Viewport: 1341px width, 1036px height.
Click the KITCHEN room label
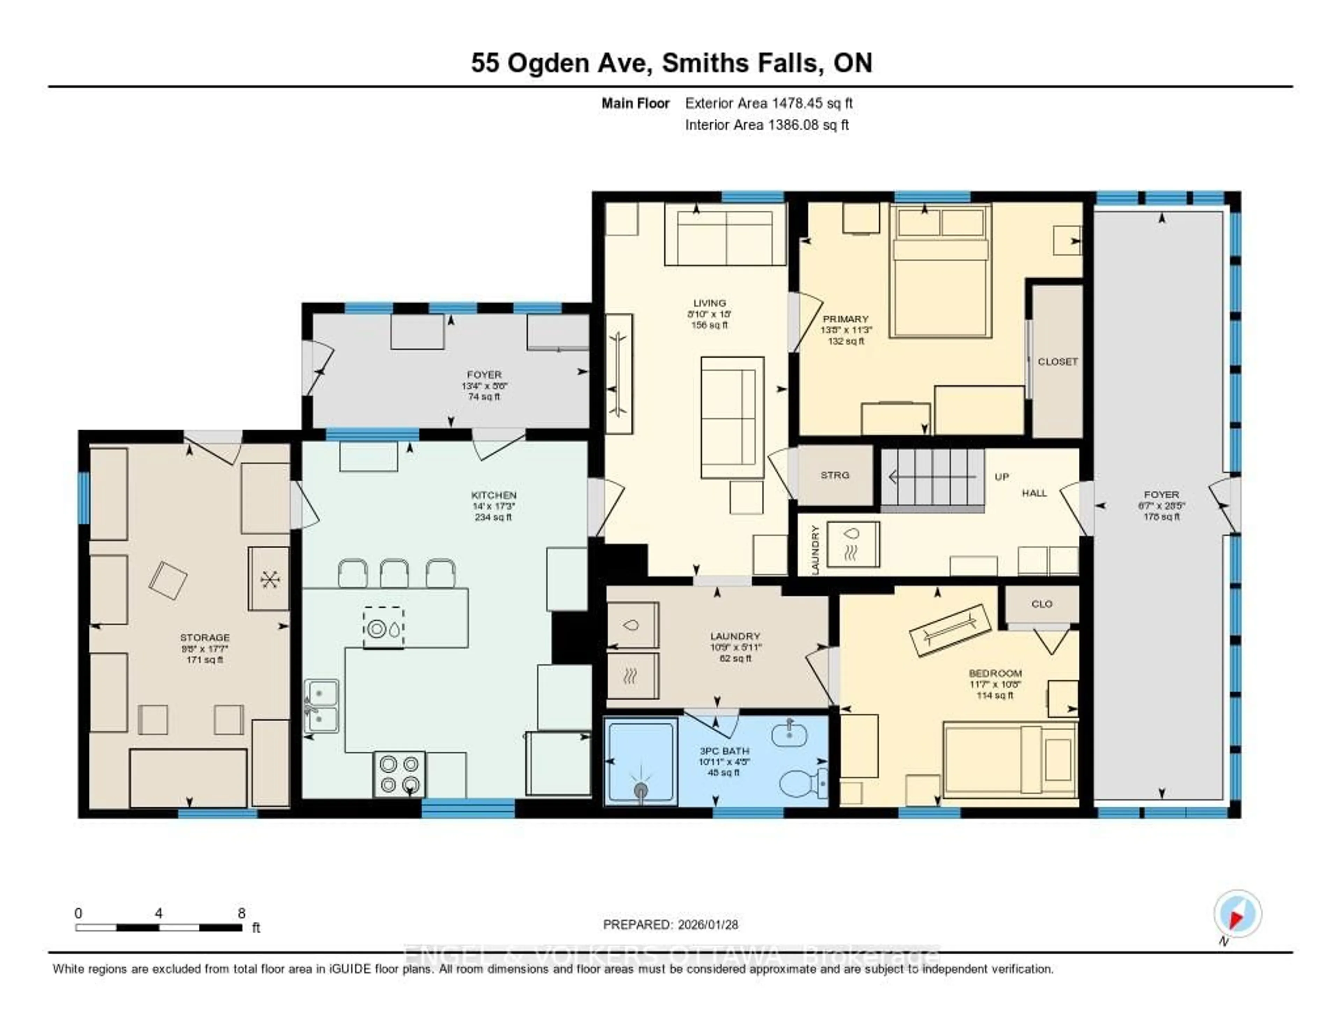pyautogui.click(x=494, y=495)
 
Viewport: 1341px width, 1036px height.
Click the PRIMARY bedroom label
pyautogui.click(x=845, y=319)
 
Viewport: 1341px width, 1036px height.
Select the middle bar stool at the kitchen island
pyautogui.click(x=394, y=573)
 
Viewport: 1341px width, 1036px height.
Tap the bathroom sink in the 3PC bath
pyautogui.click(x=789, y=734)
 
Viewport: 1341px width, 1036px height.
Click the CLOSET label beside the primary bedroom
pyautogui.click(x=1057, y=362)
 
